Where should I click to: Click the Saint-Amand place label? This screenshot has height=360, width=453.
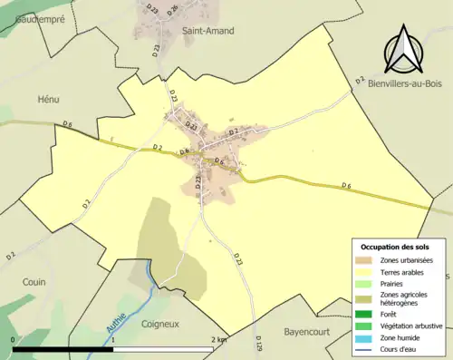tap(208, 30)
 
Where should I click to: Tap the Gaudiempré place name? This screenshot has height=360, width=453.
tap(32, 17)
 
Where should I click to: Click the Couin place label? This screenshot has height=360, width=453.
tap(34, 282)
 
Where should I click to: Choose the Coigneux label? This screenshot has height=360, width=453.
tap(163, 323)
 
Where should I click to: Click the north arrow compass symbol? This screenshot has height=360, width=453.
tap(403, 51)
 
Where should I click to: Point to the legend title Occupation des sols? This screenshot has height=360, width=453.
tap(395, 247)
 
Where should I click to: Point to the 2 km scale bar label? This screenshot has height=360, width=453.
tap(218, 339)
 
